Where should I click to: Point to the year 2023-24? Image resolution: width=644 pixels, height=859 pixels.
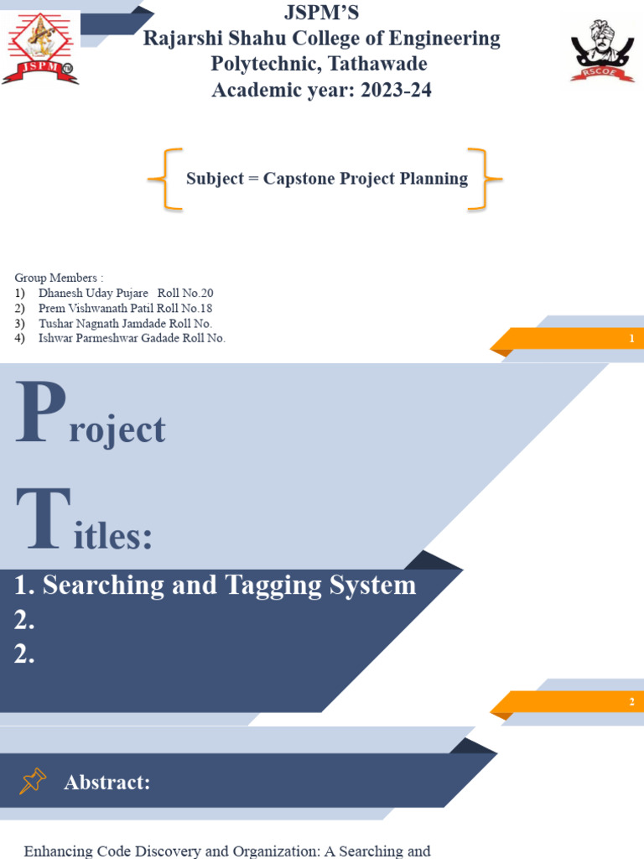pos(396,90)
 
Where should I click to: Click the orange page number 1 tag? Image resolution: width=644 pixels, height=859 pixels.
pos(570,339)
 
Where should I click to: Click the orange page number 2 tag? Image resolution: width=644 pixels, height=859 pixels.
pos(570,702)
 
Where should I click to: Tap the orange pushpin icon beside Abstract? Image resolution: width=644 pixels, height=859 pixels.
pos(33,782)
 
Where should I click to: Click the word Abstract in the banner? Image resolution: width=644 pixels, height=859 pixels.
pos(106,783)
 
